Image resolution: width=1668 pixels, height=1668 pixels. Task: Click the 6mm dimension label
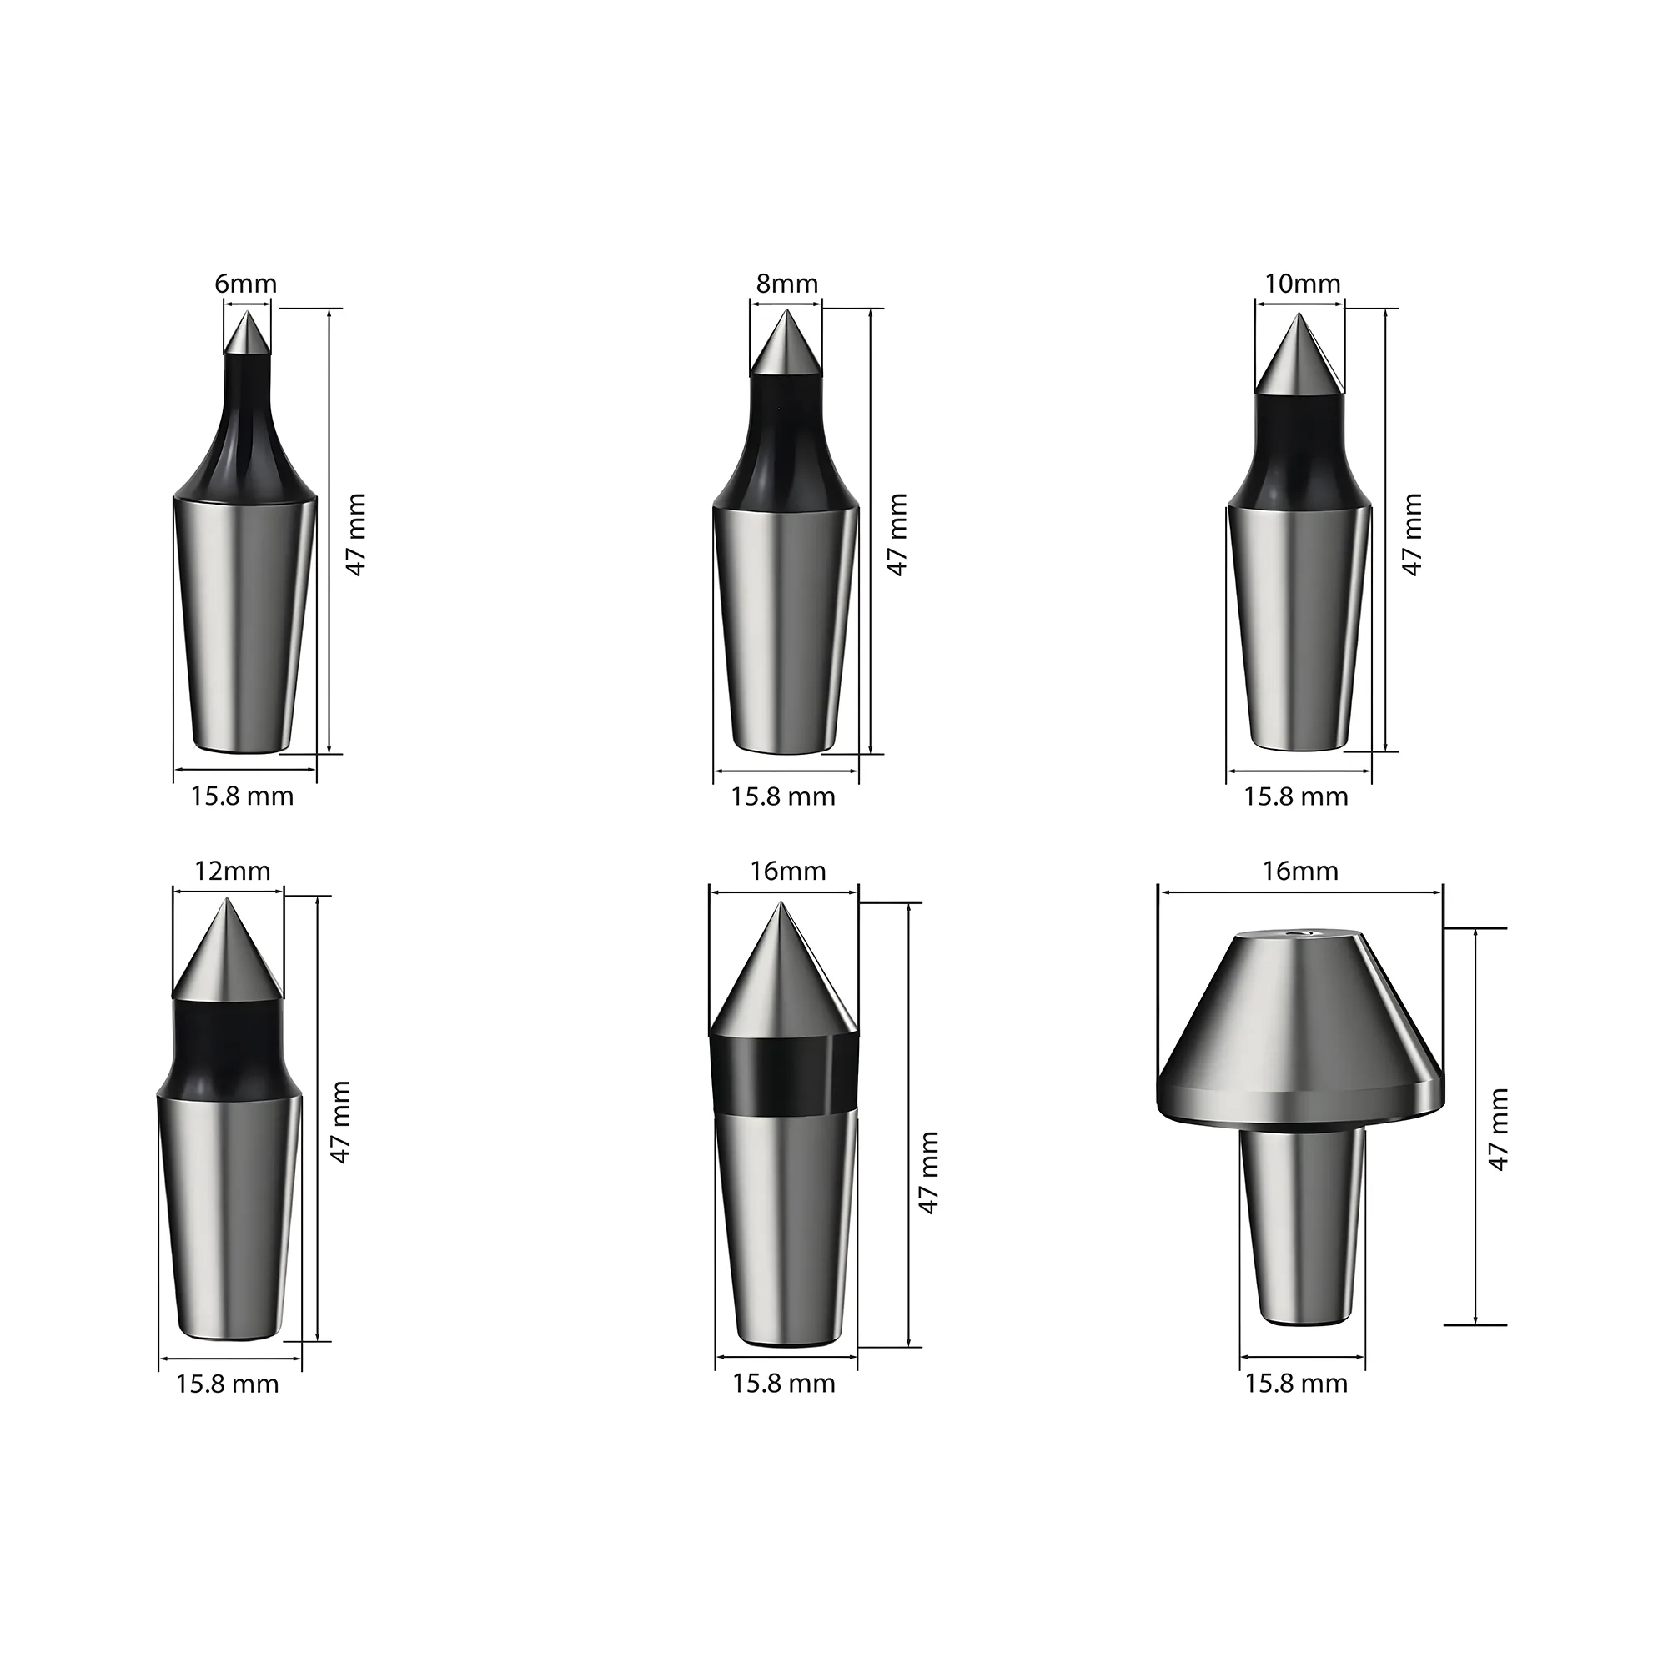click(x=246, y=284)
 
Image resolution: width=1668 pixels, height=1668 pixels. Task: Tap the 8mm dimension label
click(x=786, y=284)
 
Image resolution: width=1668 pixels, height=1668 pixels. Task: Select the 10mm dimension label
click(x=1302, y=284)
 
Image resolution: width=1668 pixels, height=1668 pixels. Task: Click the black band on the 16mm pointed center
click(x=781, y=1073)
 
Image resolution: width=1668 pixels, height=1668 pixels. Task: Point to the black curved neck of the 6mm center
click(x=246, y=432)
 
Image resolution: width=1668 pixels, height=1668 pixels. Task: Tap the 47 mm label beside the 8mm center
click(x=897, y=535)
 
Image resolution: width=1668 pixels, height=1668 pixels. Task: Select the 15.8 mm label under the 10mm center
click(x=1295, y=796)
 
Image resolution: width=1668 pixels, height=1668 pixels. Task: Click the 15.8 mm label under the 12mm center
click(x=227, y=1384)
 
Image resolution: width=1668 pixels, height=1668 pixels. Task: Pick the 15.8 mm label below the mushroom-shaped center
click(x=1295, y=1383)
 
